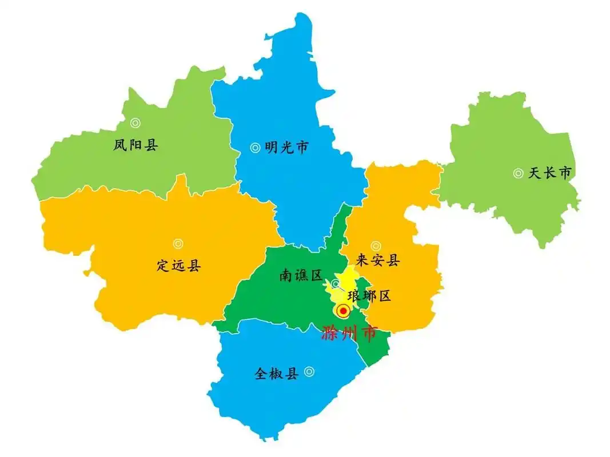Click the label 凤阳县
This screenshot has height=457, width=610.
point(135,145)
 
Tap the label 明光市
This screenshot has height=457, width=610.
point(286,148)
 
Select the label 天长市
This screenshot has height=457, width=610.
point(549,173)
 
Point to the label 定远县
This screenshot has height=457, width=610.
point(178,265)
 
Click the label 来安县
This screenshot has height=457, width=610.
point(377,261)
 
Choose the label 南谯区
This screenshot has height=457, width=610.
point(301,276)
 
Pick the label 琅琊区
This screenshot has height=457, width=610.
point(369,296)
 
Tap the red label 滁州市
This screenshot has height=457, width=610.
point(349,333)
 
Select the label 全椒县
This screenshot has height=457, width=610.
point(277,374)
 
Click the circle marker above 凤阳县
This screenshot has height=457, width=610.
point(135,123)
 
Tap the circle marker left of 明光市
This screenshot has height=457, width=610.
point(255,148)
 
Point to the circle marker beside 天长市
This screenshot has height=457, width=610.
point(518,173)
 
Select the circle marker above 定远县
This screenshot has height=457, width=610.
point(178,244)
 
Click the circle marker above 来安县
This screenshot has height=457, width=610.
point(376,246)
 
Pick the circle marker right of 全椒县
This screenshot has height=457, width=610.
point(309,371)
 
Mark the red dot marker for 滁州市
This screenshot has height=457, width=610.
point(343,311)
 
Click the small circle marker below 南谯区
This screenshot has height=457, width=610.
point(336,284)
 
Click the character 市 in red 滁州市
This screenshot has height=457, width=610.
point(368,333)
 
